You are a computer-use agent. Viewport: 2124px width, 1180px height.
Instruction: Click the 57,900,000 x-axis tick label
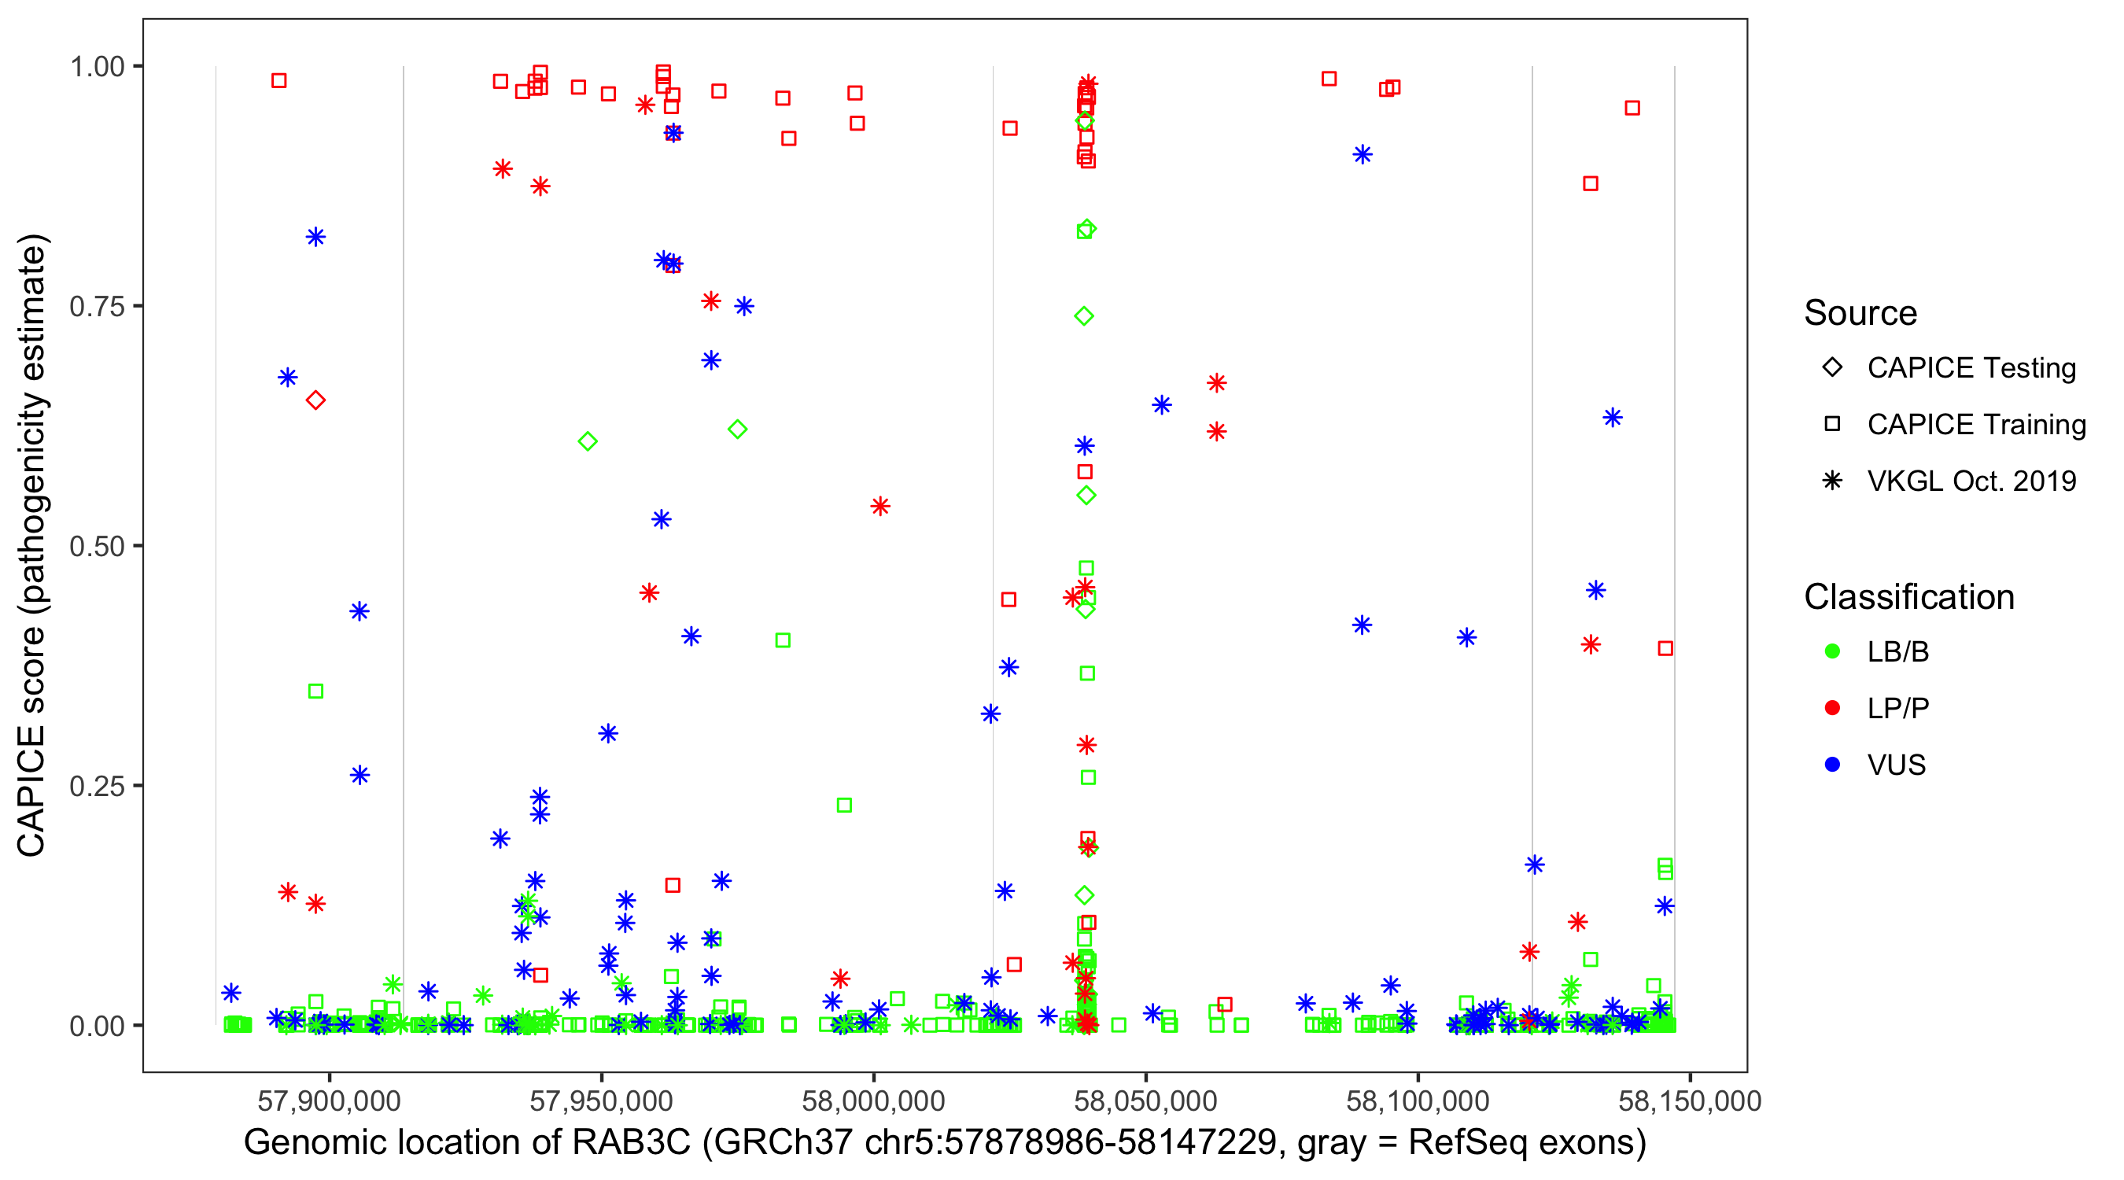(329, 1101)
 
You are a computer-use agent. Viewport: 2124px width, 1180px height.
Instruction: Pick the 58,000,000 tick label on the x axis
(873, 1101)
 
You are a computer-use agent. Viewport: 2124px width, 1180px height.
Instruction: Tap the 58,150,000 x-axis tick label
(1690, 1101)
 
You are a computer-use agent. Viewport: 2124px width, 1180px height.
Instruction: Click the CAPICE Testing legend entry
(1971, 368)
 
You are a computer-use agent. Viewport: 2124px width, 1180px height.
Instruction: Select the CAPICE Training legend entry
(1975, 425)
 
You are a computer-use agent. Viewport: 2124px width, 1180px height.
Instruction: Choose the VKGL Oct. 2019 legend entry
(1971, 481)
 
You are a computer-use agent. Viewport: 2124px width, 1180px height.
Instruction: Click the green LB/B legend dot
(1832, 651)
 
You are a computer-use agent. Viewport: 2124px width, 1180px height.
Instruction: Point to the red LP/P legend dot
(1832, 708)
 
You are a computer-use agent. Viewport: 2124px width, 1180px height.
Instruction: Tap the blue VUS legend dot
(1832, 765)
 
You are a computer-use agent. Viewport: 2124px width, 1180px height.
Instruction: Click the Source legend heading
(1860, 313)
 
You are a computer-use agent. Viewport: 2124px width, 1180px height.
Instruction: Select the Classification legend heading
(1908, 597)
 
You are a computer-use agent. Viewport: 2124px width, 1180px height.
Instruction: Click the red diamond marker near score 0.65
(315, 400)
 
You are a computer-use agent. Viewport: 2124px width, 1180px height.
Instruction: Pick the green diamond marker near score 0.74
(1084, 317)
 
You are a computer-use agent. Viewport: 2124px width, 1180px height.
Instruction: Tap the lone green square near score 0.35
(315, 691)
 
